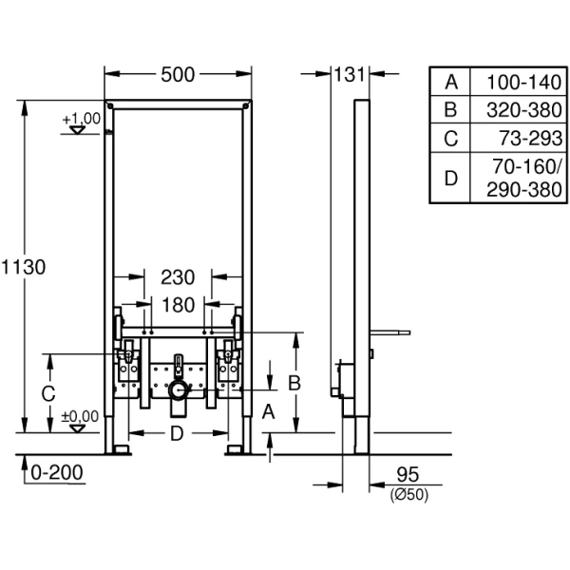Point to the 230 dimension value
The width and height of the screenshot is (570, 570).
pos(178,277)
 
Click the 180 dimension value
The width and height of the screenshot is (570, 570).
pos(178,305)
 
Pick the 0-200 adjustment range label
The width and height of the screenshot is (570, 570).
pos(56,472)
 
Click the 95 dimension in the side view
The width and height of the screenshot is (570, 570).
pos(408,473)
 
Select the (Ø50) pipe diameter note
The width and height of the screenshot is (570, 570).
pos(408,492)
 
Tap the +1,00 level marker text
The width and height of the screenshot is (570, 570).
pos(82,118)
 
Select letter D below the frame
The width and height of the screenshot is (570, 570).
pos(177,434)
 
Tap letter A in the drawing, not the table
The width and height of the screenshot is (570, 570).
pos(269,411)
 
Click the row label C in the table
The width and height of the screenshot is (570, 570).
pos(451,139)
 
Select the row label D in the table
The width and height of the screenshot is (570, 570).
pos(451,179)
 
